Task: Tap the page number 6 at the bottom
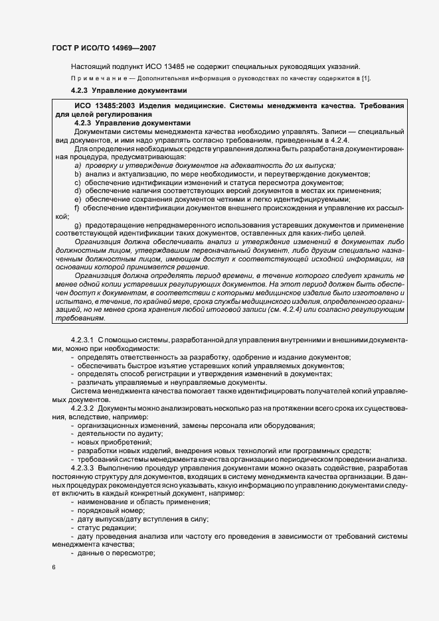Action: tap(54, 567)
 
